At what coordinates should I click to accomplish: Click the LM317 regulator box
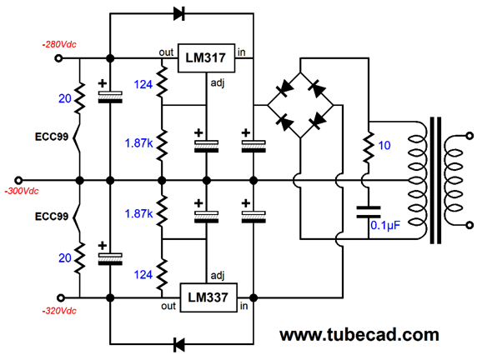(x=206, y=58)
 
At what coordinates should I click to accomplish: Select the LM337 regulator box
(x=208, y=297)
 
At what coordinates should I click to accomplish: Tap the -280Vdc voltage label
(x=59, y=44)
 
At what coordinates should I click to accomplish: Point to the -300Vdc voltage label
(x=22, y=191)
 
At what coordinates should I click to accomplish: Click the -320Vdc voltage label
(x=59, y=311)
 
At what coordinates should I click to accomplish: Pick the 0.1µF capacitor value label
(x=385, y=226)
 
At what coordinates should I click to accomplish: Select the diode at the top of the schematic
(x=179, y=14)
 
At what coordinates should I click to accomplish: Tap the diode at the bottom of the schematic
(x=179, y=344)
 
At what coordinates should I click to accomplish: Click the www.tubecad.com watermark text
(x=359, y=335)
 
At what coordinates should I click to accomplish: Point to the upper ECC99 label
(x=52, y=137)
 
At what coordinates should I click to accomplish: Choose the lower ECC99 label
(x=52, y=217)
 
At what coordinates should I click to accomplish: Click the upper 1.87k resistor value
(x=138, y=143)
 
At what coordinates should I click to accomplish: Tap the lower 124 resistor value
(x=143, y=275)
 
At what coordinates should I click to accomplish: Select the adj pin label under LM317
(x=218, y=83)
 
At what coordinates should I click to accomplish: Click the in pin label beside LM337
(x=244, y=306)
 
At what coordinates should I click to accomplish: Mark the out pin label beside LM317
(x=166, y=52)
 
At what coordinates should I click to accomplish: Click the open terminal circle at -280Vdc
(x=58, y=58)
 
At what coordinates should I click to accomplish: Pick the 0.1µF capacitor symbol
(x=369, y=212)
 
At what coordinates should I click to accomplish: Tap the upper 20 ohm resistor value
(x=65, y=98)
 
